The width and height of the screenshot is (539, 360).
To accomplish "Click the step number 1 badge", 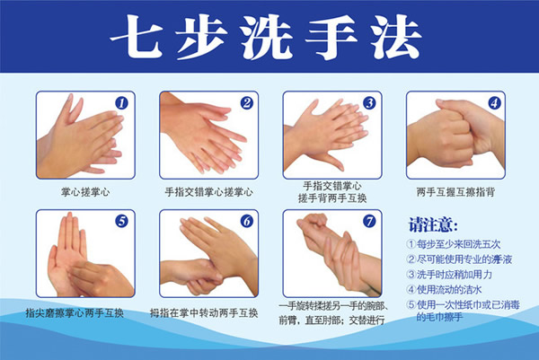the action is tap(121, 103).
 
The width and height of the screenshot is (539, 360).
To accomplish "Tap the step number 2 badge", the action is tap(246, 102).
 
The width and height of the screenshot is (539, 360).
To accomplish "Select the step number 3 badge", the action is tap(369, 102).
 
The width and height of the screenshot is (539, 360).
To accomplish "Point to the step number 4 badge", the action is tap(494, 102).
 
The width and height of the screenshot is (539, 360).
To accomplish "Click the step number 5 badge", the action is tap(121, 221).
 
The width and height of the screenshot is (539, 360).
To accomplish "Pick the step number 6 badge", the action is tap(246, 221).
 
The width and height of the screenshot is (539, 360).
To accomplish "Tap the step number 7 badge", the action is tap(369, 221).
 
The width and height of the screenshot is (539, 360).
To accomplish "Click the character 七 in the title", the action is tap(137, 37).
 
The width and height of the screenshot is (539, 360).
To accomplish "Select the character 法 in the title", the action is tap(396, 37).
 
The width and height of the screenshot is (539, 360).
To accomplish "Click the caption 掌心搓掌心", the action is tap(85, 192).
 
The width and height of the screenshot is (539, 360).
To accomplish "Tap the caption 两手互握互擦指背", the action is tap(455, 192).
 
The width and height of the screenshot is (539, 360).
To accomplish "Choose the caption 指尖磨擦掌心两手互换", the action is tap(75, 313).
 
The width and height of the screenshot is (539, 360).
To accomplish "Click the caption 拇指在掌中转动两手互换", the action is tap(204, 313).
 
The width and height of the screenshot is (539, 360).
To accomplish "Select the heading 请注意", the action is tap(433, 225).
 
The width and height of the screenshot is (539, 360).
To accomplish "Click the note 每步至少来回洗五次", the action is tap(454, 244).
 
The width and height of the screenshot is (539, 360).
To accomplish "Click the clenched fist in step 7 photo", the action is tap(313, 224).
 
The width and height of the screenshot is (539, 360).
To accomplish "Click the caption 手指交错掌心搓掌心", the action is tap(208, 192).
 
